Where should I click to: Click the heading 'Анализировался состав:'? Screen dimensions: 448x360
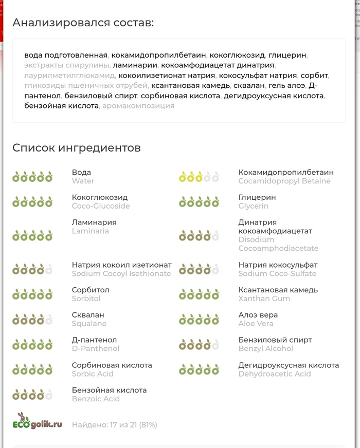(x=83, y=23)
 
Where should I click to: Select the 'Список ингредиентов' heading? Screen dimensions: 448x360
(x=76, y=148)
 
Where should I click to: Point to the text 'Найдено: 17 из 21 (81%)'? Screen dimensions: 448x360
(x=114, y=425)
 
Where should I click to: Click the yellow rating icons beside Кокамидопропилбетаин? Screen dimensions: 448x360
(x=199, y=177)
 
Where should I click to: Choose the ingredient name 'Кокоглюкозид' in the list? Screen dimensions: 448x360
(x=100, y=197)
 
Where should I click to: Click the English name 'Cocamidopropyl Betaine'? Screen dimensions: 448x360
(x=284, y=181)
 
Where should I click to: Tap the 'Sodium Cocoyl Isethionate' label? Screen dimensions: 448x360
(x=121, y=273)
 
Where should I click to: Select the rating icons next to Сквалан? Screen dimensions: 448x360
(x=32, y=320)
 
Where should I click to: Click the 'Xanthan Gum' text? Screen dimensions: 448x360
(x=264, y=298)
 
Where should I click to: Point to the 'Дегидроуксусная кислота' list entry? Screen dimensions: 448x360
(x=289, y=365)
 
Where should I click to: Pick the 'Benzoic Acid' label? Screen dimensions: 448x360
(x=96, y=399)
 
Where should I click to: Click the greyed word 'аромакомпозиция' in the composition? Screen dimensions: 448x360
(x=138, y=106)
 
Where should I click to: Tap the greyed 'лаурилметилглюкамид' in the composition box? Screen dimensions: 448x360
(x=70, y=76)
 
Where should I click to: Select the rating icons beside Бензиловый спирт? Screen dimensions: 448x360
(x=199, y=345)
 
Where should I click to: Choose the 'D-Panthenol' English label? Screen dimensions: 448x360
(x=96, y=348)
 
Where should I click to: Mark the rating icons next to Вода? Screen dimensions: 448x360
(x=32, y=177)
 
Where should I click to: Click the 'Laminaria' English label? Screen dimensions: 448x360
(x=91, y=231)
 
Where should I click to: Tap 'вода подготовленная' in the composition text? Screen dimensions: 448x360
(x=66, y=55)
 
